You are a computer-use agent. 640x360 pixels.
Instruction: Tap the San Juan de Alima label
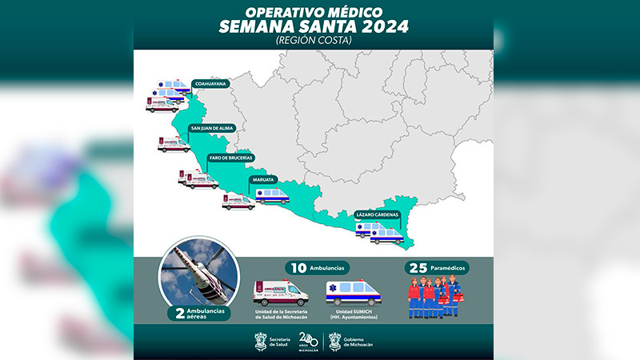211,127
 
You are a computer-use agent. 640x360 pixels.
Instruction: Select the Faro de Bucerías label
230,157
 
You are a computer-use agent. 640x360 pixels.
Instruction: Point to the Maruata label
263,179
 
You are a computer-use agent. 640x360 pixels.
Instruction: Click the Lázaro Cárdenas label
378,214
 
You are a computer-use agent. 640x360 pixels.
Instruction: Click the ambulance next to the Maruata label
272,195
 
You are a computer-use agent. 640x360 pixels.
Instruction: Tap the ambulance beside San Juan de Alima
174,144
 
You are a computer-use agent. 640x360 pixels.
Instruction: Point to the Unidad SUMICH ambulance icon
353,292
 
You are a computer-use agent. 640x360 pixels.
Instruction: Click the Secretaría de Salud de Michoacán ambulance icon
281,293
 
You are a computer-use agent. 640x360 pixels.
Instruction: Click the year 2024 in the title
380,26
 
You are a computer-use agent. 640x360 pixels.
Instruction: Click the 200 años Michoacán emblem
308,342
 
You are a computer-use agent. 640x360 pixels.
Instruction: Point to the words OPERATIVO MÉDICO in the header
313,10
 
